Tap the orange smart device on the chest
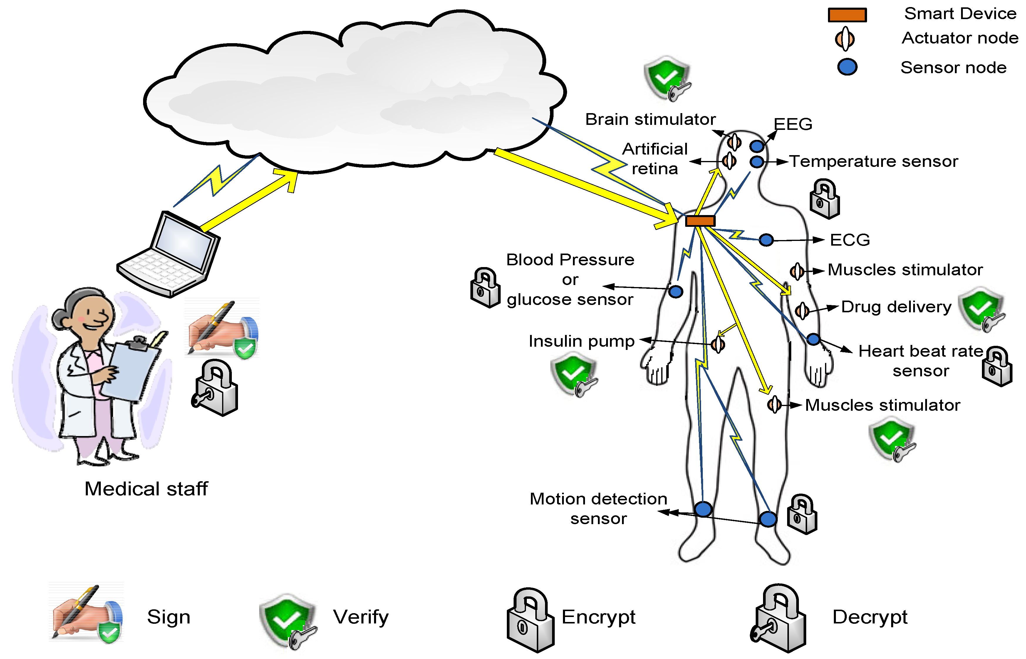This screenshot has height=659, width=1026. pyautogui.click(x=700, y=221)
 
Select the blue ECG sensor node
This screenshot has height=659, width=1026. pyautogui.click(x=766, y=240)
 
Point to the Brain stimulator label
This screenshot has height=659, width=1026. pyautogui.click(x=650, y=119)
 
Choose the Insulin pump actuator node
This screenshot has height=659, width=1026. pyautogui.click(x=717, y=344)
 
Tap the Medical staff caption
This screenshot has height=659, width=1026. pyautogui.click(x=146, y=489)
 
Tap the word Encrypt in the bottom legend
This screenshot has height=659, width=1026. pyautogui.click(x=598, y=617)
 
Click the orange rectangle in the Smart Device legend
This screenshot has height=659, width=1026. pyautogui.click(x=847, y=15)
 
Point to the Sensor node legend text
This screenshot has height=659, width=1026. pyautogui.click(x=953, y=68)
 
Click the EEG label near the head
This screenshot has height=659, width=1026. pyautogui.click(x=793, y=125)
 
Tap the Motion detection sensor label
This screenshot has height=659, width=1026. pyautogui.click(x=598, y=508)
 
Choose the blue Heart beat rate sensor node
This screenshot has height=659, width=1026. pyautogui.click(x=813, y=340)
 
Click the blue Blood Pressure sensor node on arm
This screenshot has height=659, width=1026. pyautogui.click(x=675, y=292)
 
